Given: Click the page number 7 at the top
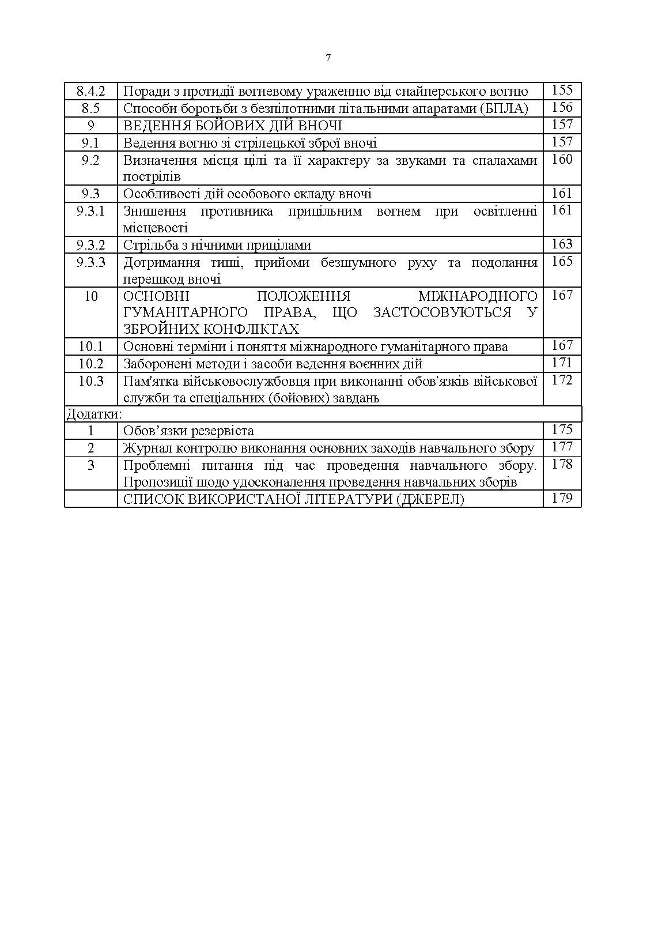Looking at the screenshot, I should [x=328, y=58].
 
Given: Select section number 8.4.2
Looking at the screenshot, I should [x=90, y=91].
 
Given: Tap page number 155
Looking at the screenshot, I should [x=562, y=90].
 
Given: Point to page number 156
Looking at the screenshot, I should [x=562, y=107].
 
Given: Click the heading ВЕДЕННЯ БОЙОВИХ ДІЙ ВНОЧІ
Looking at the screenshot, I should [x=233, y=126].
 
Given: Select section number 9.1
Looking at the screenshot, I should [x=90, y=143].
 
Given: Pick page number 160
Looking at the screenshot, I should [x=562, y=159].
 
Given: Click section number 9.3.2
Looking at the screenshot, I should [x=90, y=245].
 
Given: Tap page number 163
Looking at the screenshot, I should [x=562, y=244].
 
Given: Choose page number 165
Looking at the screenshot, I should [x=562, y=261].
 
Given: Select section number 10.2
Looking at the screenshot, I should [x=90, y=364].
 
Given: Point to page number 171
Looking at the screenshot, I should [x=562, y=363].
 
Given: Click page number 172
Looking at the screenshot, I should [x=562, y=380].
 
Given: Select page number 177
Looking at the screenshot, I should [x=562, y=447].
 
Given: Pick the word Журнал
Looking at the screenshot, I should [x=145, y=448].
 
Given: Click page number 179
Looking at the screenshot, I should [x=562, y=498].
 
